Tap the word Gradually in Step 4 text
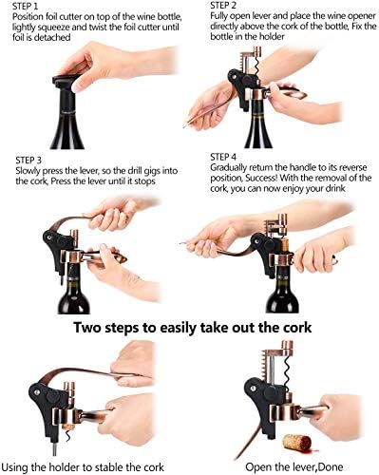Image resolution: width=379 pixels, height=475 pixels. coord(228,170)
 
